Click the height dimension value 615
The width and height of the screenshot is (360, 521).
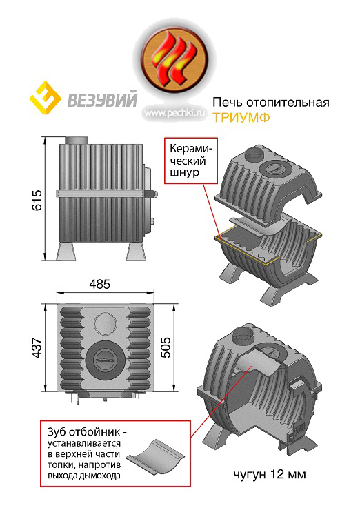(x=37, y=200)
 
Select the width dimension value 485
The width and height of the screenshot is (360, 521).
(x=100, y=285)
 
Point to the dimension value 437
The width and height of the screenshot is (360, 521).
(x=37, y=347)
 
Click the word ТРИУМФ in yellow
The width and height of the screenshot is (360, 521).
(x=241, y=118)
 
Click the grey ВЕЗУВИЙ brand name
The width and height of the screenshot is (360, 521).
(x=102, y=100)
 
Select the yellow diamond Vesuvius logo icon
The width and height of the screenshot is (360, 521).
(x=46, y=99)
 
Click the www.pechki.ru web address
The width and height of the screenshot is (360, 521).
(x=175, y=113)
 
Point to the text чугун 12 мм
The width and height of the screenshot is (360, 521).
(x=270, y=474)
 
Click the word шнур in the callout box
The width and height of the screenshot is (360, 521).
(x=185, y=173)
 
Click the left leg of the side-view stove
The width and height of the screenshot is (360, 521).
(x=66, y=251)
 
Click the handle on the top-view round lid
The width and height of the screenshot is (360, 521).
(x=106, y=360)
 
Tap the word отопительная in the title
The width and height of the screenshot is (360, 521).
(x=288, y=103)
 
